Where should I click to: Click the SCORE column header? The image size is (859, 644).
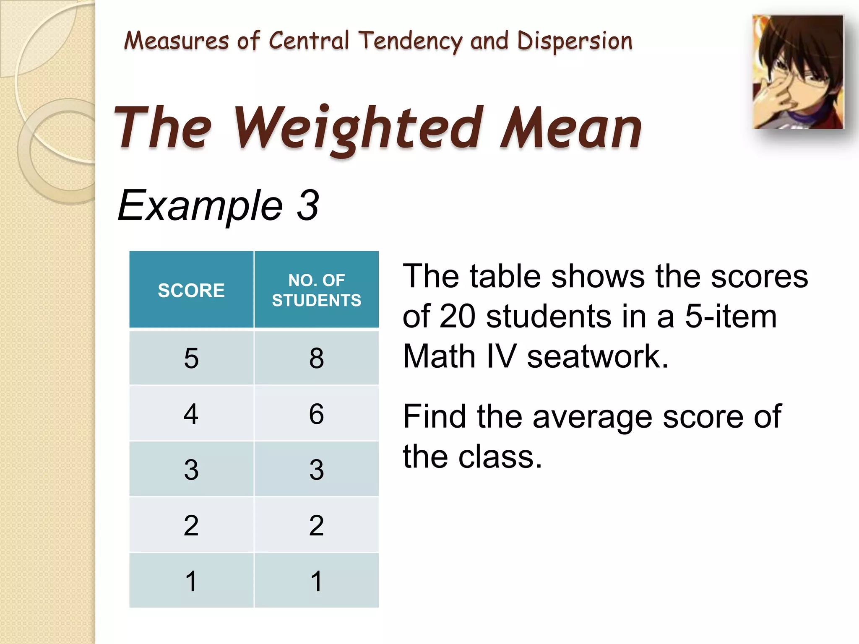coord(191,290)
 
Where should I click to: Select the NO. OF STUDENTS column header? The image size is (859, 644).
coord(316,290)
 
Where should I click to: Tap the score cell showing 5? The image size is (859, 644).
coord(191,358)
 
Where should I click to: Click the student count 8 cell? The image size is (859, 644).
coord(316,358)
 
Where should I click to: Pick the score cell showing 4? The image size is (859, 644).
coord(191,414)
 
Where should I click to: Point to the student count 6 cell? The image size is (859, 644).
coord(316,414)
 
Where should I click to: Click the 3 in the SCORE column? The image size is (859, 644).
coord(191,470)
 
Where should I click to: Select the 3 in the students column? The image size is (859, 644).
coord(316,470)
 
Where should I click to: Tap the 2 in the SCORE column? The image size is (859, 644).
coord(191,525)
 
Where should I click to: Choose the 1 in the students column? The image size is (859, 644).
coord(316,581)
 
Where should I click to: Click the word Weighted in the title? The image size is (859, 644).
coord(356,128)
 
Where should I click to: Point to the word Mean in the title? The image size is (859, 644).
coord(571,128)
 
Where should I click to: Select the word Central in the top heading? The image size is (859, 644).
coord(309,41)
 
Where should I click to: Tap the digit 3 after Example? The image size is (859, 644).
coord(308,205)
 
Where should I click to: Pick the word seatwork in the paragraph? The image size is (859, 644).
coord(597,356)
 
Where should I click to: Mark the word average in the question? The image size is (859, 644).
coord(592,417)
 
